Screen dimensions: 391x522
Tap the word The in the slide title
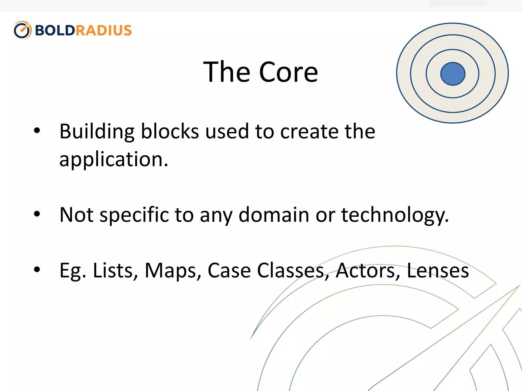(x=227, y=72)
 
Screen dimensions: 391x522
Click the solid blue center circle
(x=453, y=74)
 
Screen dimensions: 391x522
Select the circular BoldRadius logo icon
(x=22, y=30)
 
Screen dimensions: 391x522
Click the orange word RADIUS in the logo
(x=103, y=31)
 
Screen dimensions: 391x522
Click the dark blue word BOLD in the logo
(x=55, y=31)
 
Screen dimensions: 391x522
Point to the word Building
(x=97, y=132)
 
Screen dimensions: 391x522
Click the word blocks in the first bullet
(x=170, y=131)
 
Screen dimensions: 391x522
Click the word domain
(x=274, y=215)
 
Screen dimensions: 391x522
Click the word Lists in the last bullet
(x=115, y=270)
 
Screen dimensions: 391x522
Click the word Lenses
(x=437, y=270)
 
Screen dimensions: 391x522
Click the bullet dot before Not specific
(x=37, y=214)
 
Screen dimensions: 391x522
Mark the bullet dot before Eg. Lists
(x=37, y=270)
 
